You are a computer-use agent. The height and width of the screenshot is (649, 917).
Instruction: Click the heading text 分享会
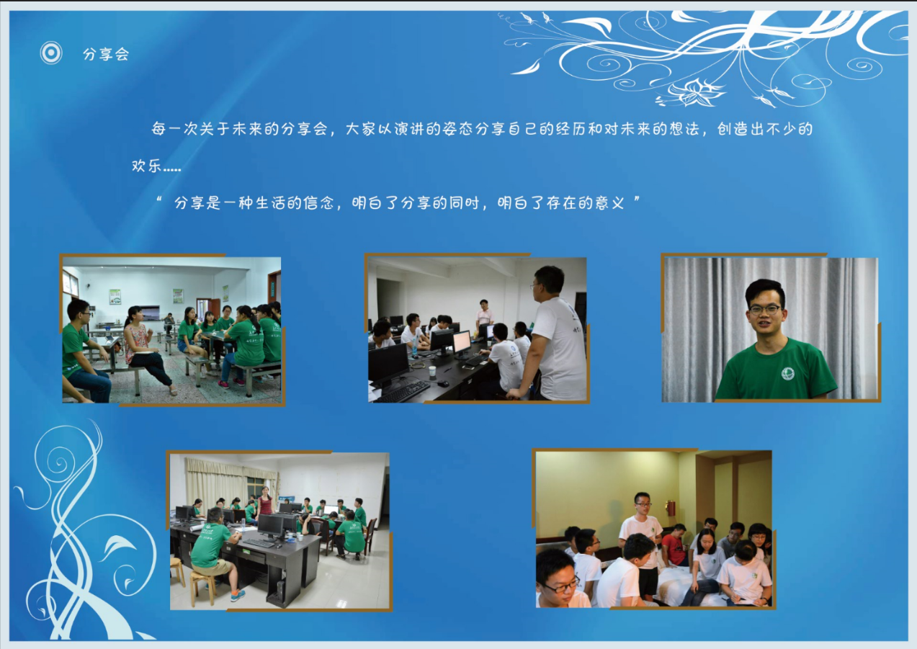106,54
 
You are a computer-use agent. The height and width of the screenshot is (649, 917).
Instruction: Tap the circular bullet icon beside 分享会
51,53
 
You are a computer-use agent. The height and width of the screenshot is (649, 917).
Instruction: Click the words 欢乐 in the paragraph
146,166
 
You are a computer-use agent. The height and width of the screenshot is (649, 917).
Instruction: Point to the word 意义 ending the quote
610,202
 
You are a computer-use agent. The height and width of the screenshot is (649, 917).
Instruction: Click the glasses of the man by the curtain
764,310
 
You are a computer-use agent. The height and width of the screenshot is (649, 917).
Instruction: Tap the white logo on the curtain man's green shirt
787,373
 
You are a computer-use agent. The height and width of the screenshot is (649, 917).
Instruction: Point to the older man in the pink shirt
484,315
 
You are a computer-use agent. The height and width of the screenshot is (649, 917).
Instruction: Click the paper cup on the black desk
433,373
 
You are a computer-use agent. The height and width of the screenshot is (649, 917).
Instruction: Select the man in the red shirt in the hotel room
674,545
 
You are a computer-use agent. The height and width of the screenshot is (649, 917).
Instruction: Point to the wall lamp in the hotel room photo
670,509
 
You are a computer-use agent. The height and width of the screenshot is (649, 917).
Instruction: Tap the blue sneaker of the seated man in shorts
238,595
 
